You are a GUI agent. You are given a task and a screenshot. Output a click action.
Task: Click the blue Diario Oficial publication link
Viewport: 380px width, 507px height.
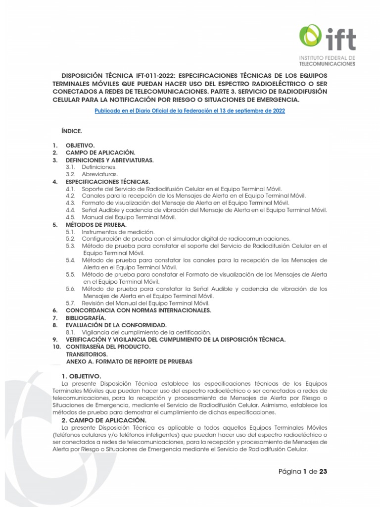(x=190, y=111)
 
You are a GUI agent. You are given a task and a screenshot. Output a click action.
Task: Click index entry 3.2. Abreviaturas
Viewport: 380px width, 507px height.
(x=99, y=174)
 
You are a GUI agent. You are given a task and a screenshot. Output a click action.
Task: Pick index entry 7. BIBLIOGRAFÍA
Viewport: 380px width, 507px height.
(x=86, y=317)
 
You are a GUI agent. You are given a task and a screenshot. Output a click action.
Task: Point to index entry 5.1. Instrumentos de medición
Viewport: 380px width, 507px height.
(x=118, y=232)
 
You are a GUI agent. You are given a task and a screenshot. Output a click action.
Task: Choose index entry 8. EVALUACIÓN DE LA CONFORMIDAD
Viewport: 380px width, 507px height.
(x=116, y=325)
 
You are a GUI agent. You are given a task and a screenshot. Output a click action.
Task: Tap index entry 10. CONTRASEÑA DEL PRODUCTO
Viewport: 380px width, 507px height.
(x=108, y=347)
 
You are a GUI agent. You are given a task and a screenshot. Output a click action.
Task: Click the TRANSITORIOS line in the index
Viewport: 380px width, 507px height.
(x=87, y=354)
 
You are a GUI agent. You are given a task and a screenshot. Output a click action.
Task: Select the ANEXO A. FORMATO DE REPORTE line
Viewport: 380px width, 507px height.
(x=129, y=361)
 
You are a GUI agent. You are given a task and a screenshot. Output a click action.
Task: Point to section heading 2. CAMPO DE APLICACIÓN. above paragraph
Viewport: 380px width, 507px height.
(x=104, y=419)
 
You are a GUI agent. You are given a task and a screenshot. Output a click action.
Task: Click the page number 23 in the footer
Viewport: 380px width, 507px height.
(x=323, y=471)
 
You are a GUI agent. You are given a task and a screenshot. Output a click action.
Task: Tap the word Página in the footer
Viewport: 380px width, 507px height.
(x=290, y=471)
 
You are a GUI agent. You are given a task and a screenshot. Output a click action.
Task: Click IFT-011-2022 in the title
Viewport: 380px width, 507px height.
(x=155, y=74)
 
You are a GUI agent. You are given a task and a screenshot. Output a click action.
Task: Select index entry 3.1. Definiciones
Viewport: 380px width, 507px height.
(x=99, y=167)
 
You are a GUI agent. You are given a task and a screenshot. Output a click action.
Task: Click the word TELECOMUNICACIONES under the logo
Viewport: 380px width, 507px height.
(x=327, y=64)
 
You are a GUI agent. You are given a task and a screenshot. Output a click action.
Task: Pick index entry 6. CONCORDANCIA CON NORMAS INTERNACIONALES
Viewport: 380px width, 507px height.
(x=139, y=310)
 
